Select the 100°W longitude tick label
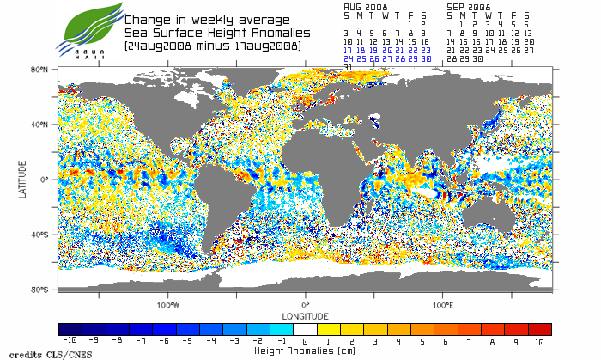pos(168,305)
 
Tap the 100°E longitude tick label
pos(442,305)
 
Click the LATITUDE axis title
pos(22,179)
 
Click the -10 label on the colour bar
pos(70,342)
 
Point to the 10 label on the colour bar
pos(540,342)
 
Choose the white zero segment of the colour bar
pos(305,329)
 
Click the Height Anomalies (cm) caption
pos(305,351)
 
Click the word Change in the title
pos(145,19)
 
